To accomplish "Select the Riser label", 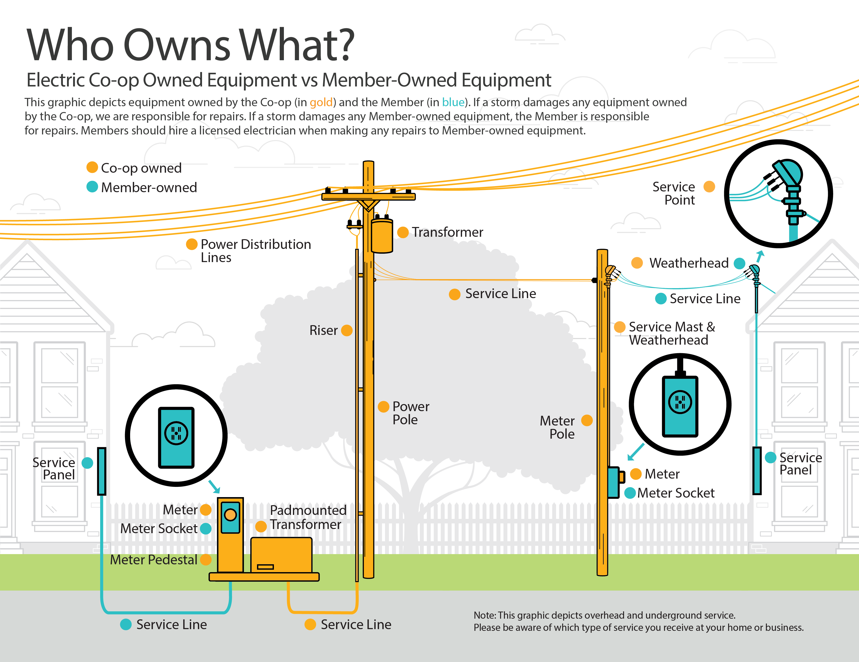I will point(323,330).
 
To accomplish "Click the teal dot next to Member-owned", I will point(92,187).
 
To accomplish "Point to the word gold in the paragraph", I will point(321,102).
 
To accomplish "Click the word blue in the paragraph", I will point(453,102).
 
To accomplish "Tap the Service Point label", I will point(674,193).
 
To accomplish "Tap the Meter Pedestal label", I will point(153,559).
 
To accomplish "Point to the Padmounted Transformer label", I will point(308,517).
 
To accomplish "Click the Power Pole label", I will point(410,413).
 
